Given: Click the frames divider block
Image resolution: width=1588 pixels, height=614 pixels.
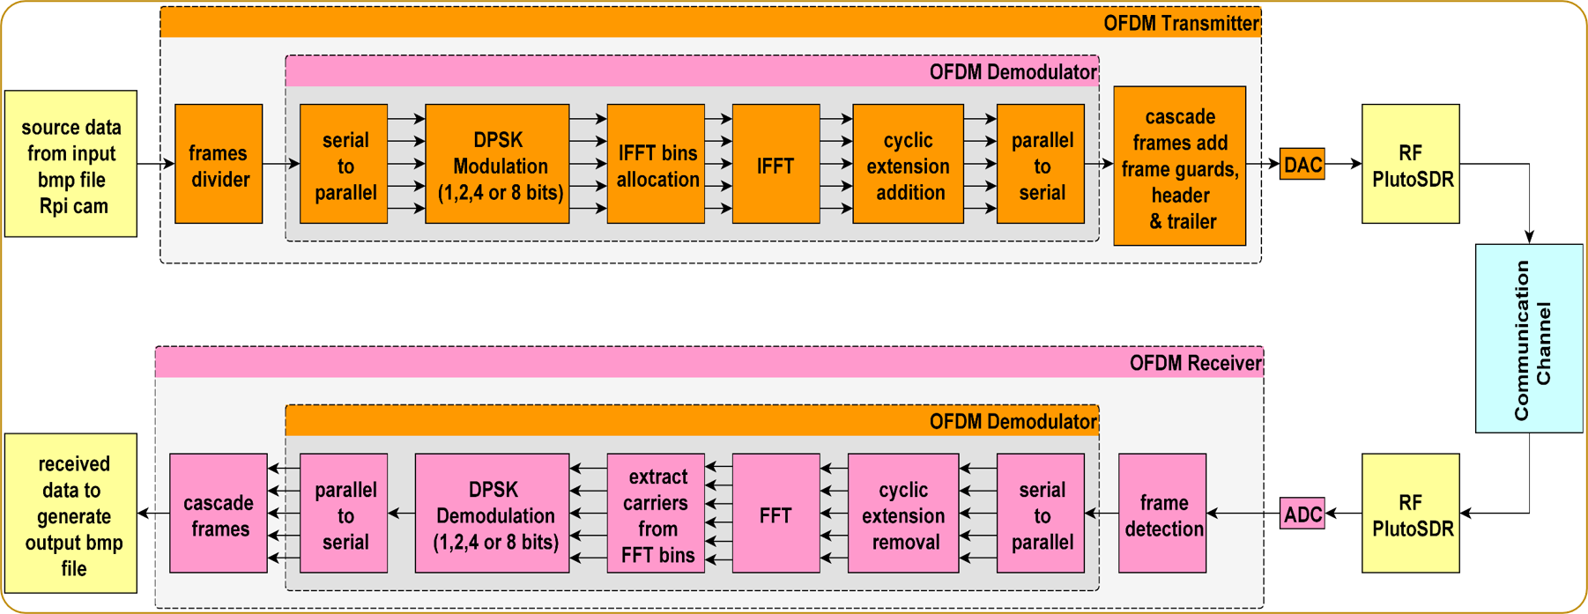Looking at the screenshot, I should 219,164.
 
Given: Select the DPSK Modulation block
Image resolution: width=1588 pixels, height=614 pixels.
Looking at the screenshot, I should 498,165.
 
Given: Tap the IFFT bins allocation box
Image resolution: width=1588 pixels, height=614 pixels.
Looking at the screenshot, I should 657,165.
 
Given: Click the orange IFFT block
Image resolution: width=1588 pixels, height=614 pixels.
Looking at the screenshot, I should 775,165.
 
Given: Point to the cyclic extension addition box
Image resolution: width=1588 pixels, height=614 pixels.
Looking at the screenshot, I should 908,165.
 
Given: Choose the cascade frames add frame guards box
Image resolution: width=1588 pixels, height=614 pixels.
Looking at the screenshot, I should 1179,166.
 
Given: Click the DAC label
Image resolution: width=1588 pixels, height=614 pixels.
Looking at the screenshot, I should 1302,165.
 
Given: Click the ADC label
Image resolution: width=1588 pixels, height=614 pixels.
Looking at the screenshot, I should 1302,514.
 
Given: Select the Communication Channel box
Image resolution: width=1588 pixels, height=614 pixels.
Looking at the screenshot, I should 1529,339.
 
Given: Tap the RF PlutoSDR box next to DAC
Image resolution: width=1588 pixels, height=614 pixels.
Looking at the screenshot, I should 1410,165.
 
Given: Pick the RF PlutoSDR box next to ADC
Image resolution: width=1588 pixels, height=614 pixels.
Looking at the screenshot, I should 1410,514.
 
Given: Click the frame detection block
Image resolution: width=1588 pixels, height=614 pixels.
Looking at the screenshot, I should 1162,514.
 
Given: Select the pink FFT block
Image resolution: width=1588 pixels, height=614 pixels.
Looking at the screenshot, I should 775,514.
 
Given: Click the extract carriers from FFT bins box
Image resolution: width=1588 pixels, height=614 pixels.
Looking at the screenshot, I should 657,514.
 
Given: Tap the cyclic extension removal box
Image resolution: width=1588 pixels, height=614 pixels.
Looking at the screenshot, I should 903,514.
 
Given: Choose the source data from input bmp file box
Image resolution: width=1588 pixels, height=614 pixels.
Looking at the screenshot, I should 70,165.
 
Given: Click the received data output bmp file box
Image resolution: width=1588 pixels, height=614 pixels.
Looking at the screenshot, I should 70,514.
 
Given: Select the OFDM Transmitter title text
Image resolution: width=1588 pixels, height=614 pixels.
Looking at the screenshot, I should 1180,24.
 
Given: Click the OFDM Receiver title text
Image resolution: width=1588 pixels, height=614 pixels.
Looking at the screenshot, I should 1194,363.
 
